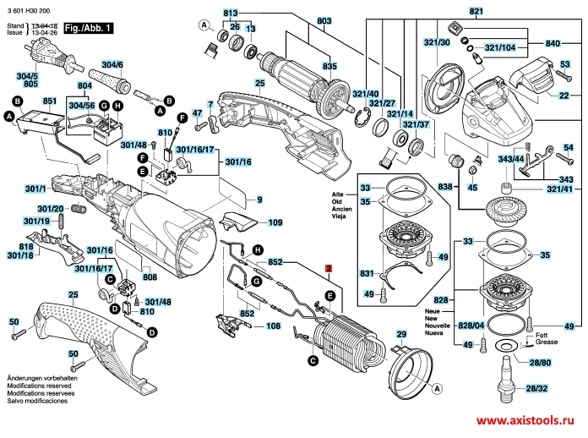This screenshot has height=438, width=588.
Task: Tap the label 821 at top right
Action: tap(498, 10)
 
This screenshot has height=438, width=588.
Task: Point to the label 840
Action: tap(553, 43)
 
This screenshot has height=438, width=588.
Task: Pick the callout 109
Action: tap(275, 223)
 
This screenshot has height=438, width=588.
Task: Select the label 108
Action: tap(274, 326)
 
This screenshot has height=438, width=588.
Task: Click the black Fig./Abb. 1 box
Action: tap(87, 30)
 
